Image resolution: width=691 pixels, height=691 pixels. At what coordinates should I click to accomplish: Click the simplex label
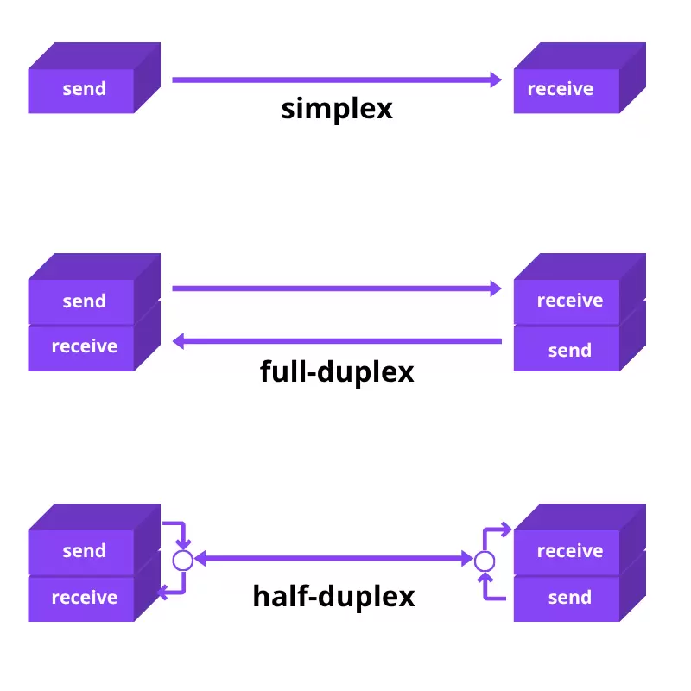pos(337,109)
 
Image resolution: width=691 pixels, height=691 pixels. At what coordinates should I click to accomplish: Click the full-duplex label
pos(337,371)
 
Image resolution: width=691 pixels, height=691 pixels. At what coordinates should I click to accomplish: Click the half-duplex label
pos(333,596)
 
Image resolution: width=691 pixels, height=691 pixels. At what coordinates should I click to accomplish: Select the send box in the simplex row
pos(84,89)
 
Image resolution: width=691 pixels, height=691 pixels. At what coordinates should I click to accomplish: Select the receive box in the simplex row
pos(561,89)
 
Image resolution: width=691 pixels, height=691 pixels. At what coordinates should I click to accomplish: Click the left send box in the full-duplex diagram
pos(84,301)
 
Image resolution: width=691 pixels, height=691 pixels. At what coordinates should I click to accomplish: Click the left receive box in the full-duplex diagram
pos(84,347)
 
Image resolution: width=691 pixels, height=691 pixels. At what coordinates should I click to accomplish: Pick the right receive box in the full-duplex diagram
pos(569,301)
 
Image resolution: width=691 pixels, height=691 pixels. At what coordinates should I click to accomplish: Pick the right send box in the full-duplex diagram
pos(569,351)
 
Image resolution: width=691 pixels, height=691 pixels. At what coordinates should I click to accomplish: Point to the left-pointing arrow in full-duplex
pos(337,342)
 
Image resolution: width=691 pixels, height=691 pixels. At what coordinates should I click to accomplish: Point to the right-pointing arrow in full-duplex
pos(337,288)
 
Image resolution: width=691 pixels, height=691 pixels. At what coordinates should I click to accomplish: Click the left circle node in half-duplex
pos(182,560)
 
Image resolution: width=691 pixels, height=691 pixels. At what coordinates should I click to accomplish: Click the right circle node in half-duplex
pos(485,561)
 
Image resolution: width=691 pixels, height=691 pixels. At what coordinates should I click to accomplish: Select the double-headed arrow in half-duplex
pos(333,560)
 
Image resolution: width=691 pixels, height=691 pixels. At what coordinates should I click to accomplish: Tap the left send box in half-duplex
pos(84,551)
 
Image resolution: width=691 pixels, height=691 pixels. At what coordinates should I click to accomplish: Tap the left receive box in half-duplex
pos(84,598)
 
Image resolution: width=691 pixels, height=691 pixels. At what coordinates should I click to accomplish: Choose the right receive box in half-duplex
pos(569,551)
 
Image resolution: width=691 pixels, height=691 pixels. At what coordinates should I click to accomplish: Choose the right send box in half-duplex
pos(569,598)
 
